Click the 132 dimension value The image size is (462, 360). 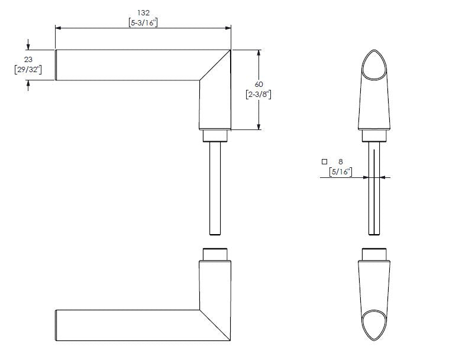point(143,12)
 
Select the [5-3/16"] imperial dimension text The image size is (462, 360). point(143,22)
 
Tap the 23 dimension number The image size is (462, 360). point(28,59)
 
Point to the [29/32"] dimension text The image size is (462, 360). point(28,70)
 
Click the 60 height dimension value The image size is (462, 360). point(259,85)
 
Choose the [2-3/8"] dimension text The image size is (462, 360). point(259,95)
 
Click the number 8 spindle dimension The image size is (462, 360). point(341,161)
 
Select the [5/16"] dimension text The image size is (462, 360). point(340,172)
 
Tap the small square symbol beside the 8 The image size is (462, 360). point(324,161)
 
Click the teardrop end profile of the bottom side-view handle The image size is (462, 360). point(374,324)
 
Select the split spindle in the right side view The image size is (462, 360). point(374,189)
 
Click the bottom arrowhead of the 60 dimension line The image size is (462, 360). point(259,126)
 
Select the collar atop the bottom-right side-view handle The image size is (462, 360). point(374,254)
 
